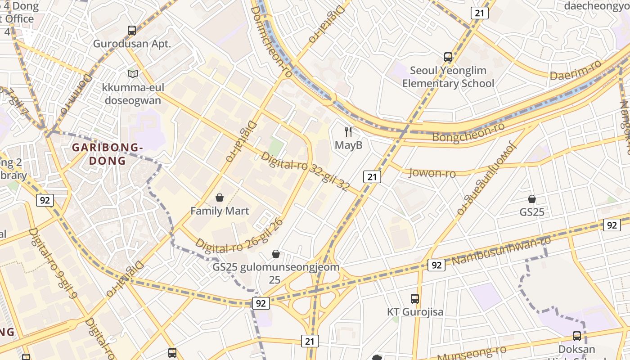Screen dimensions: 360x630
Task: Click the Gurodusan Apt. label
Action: (x=132, y=44)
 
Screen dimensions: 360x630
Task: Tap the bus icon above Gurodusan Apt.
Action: (x=132, y=31)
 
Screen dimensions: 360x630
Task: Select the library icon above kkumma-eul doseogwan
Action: (x=133, y=74)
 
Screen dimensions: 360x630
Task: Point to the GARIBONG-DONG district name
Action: (x=108, y=154)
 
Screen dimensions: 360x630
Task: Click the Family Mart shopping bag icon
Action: (x=220, y=198)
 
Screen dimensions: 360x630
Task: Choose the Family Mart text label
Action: (x=220, y=211)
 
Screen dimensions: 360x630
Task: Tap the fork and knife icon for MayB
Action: (x=348, y=132)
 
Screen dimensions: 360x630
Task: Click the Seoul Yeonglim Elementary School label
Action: (x=448, y=77)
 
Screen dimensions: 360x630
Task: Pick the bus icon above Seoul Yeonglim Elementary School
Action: (x=448, y=57)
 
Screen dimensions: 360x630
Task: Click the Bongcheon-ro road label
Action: (x=468, y=131)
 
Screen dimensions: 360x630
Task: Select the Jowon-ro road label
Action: (x=432, y=173)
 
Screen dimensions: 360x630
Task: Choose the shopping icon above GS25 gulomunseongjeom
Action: (x=276, y=254)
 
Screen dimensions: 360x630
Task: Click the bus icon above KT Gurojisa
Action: (x=415, y=298)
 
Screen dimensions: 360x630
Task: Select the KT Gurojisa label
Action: (x=415, y=312)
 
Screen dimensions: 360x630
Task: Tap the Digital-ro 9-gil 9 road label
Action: (x=53, y=263)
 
